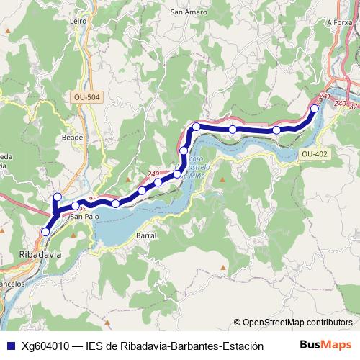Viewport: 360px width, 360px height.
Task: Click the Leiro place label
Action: point(78,22)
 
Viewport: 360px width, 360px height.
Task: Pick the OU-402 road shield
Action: point(314,153)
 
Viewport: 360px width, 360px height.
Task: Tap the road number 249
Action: point(153,174)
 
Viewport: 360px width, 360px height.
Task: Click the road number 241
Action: point(324,96)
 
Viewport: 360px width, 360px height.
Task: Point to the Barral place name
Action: point(145,235)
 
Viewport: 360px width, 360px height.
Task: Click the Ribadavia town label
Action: point(39,254)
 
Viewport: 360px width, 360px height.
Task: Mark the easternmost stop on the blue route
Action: point(314,109)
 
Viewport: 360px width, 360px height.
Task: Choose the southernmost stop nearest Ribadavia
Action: point(45,232)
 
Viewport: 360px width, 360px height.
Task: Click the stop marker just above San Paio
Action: point(76,206)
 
